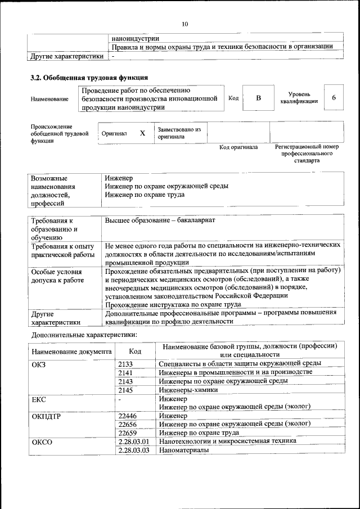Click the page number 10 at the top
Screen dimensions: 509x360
(184, 24)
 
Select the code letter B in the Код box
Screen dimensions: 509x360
(258, 98)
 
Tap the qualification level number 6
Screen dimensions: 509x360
(334, 98)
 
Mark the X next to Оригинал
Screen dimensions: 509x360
(142, 133)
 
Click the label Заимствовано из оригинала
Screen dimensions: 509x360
(179, 133)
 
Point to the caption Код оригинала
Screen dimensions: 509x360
(238, 147)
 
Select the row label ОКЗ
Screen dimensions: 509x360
(40, 364)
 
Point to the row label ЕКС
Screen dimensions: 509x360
(39, 399)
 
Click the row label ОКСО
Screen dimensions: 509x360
(42, 442)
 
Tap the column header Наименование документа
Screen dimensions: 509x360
(71, 351)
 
